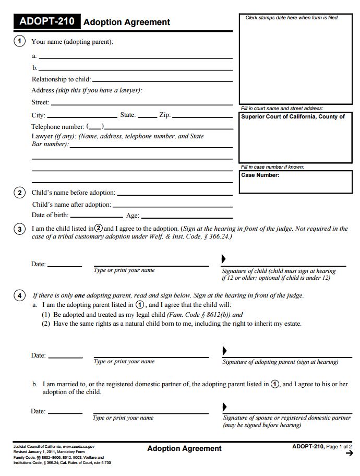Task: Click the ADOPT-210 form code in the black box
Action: tap(46, 22)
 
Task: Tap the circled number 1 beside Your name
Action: tap(19, 41)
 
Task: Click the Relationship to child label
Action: tap(61, 79)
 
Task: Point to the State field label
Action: tap(128, 115)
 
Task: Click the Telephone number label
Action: tap(58, 127)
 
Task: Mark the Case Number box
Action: tap(296, 182)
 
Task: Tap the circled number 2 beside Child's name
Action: tap(19, 193)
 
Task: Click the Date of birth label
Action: tap(50, 215)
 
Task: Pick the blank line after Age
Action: tap(186, 217)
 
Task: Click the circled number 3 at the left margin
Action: tap(19, 229)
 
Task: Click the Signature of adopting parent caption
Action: tap(280, 362)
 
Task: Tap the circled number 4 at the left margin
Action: tap(19, 295)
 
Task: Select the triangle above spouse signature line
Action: tap(225, 407)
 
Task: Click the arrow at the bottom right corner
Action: tap(349, 454)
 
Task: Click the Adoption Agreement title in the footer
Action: tap(184, 448)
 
